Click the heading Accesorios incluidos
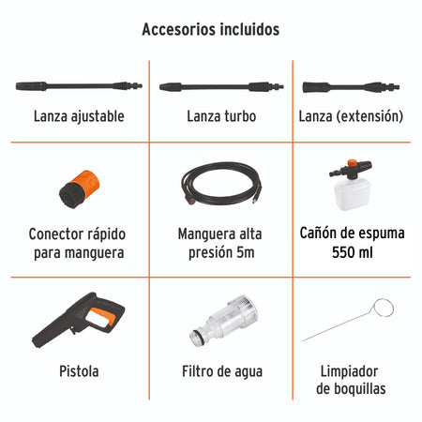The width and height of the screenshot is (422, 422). click(210, 29)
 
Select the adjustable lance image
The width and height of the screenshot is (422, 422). click(77, 86)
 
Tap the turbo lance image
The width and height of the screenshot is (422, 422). click(218, 86)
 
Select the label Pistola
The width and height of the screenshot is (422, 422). click(77, 371)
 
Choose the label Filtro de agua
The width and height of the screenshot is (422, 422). click(222, 371)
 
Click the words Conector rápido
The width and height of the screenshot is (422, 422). click(77, 233)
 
